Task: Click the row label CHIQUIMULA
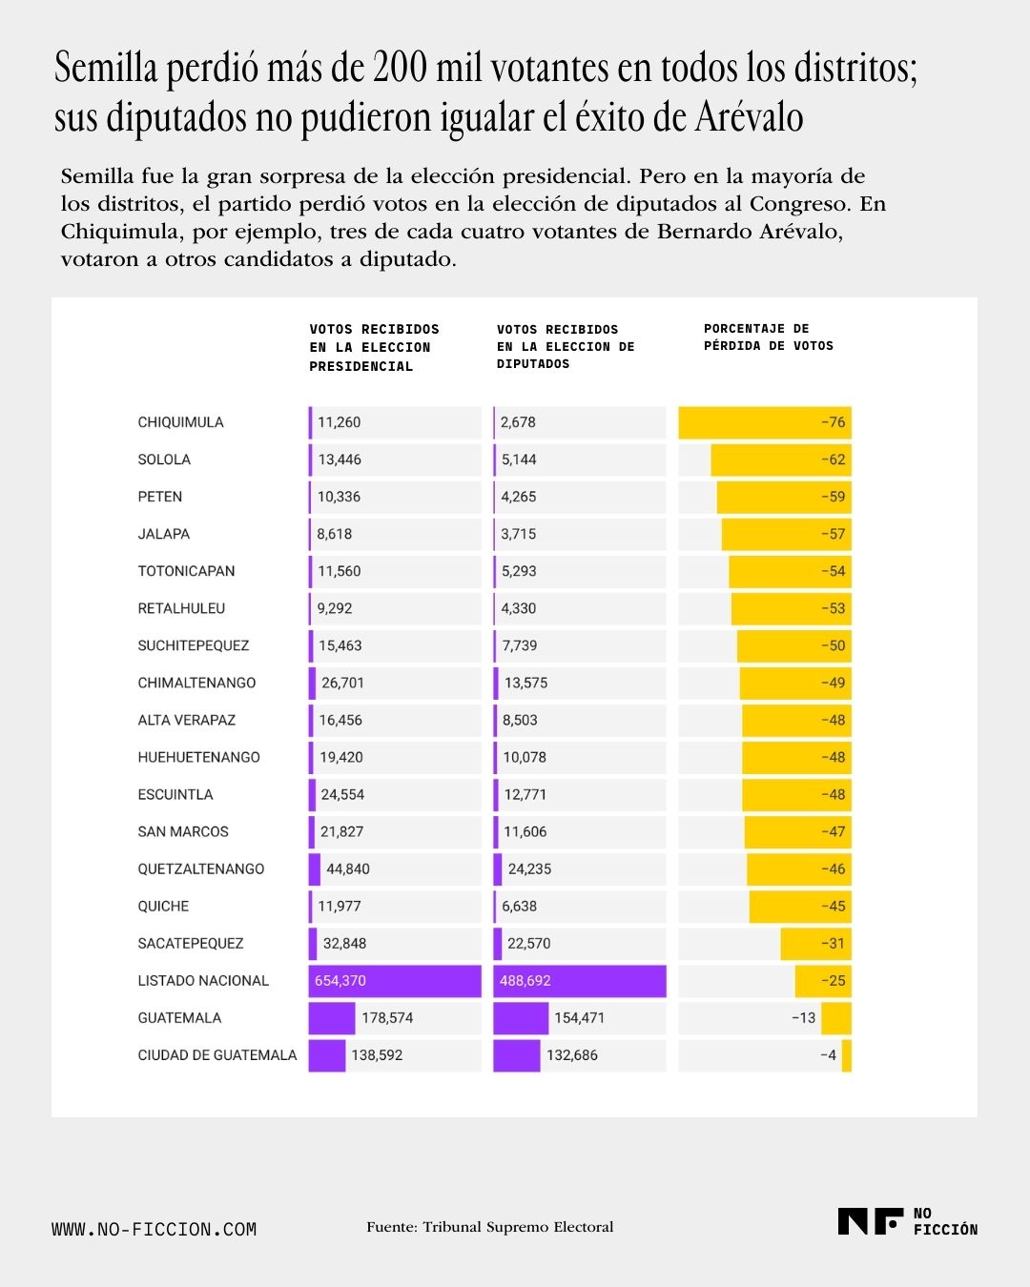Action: (180, 422)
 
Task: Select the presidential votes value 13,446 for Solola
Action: (340, 460)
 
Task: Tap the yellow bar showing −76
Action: (764, 422)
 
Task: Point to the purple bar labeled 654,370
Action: (395, 981)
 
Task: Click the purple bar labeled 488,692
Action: (579, 981)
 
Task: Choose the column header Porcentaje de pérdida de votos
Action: (769, 337)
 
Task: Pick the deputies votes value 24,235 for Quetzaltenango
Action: (529, 869)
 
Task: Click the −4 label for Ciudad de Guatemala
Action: (829, 1055)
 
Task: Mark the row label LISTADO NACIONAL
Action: (203, 981)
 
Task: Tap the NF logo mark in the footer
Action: (871, 1221)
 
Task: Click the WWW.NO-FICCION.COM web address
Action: (154, 1229)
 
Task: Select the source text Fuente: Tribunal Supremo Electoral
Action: (490, 1227)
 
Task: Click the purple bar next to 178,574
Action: (332, 1018)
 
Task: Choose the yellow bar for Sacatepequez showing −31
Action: (815, 944)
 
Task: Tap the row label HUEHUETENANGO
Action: (198, 757)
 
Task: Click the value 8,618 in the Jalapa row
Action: (334, 534)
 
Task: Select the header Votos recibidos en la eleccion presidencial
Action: (374, 347)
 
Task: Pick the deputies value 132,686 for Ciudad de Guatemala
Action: (571, 1055)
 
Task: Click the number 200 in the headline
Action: (400, 67)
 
